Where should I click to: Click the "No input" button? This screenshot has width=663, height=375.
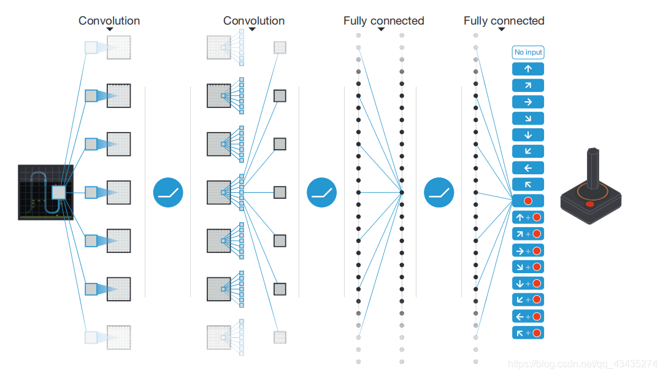click(528, 52)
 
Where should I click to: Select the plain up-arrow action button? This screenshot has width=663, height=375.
click(528, 69)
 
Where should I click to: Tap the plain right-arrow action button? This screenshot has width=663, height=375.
click(528, 102)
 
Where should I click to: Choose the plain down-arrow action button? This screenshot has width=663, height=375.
click(528, 135)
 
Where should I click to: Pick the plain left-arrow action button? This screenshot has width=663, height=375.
click(528, 168)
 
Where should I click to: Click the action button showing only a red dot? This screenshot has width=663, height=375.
click(528, 201)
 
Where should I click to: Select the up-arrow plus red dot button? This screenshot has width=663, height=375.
click(528, 217)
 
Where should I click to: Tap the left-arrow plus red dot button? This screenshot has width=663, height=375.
click(528, 316)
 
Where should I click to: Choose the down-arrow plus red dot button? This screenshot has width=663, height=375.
click(528, 283)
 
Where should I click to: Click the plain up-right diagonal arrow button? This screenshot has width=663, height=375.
click(528, 85)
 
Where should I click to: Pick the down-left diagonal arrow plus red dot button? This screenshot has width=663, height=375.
click(528, 300)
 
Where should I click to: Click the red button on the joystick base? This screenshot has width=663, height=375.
click(589, 204)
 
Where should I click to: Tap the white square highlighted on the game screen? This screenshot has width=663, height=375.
click(58, 193)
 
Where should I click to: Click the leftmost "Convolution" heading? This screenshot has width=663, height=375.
click(109, 21)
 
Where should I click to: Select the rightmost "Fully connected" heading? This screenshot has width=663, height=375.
click(504, 21)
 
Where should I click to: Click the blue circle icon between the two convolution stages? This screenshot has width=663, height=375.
click(169, 193)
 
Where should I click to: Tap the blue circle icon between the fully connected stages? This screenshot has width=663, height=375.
click(439, 193)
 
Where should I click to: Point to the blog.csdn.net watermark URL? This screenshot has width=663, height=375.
click(583, 364)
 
